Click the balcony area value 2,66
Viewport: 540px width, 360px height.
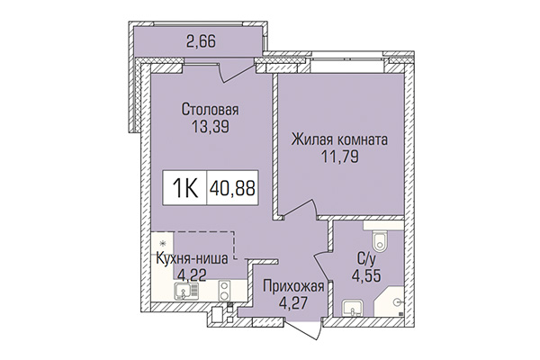[x=201, y=40]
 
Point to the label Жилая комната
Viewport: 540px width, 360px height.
[x=338, y=141]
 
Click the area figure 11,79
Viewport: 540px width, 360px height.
[x=338, y=158]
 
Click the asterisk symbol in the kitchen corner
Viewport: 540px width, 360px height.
[x=159, y=244]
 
